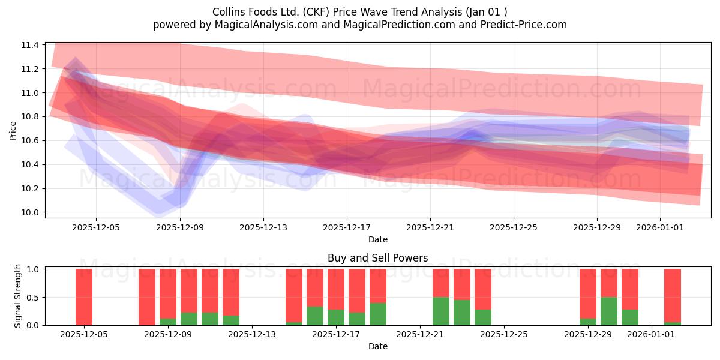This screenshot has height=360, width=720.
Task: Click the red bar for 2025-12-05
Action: click(84, 297)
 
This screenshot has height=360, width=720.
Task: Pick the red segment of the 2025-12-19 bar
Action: click(378, 286)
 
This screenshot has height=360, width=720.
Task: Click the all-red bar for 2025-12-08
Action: click(147, 297)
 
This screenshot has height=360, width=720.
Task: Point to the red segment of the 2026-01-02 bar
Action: click(673, 295)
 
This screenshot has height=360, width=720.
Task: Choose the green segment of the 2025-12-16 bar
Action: click(315, 316)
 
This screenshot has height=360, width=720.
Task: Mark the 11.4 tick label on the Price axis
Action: click(30, 45)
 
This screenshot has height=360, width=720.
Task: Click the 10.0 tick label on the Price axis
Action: click(30, 212)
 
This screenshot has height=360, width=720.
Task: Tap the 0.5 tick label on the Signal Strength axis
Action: click(33, 298)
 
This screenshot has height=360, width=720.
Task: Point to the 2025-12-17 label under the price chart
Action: click(347, 227)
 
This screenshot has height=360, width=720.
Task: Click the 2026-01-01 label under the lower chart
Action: click(651, 335)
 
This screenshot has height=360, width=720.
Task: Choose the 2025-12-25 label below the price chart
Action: click(514, 227)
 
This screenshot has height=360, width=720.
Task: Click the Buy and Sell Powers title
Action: click(377, 258)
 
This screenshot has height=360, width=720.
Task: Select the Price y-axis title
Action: click(13, 131)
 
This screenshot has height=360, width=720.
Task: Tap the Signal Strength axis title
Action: click(17, 296)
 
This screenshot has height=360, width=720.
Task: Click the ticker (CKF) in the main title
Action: click(317, 12)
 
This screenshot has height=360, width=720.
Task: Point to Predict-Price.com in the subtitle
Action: click(524, 25)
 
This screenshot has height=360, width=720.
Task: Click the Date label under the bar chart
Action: click(378, 346)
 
